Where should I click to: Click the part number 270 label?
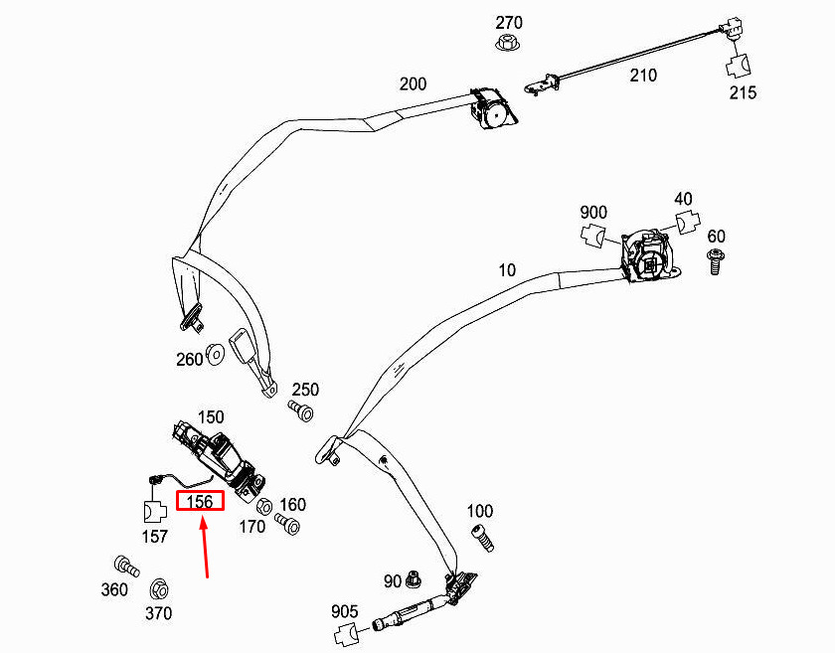tap(509, 23)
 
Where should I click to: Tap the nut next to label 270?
tap(509, 43)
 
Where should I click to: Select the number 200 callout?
tap(413, 84)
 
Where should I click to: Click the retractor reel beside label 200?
tap(493, 108)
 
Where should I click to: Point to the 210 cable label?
tap(643, 76)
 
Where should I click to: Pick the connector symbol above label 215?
tap(739, 66)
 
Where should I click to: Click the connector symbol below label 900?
tap(593, 236)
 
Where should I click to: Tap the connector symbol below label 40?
tap(688, 223)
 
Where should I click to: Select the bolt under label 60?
tap(717, 260)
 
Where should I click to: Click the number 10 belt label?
tap(507, 270)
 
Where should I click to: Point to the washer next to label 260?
tap(215, 354)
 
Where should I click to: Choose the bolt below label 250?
tap(301, 411)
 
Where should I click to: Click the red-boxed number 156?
tap(200, 501)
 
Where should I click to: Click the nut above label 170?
tap(264, 506)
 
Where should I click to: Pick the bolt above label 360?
tap(127, 567)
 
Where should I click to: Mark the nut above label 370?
tap(159, 590)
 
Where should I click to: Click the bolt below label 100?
tap(482, 539)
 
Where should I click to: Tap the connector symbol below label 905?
tap(347, 634)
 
